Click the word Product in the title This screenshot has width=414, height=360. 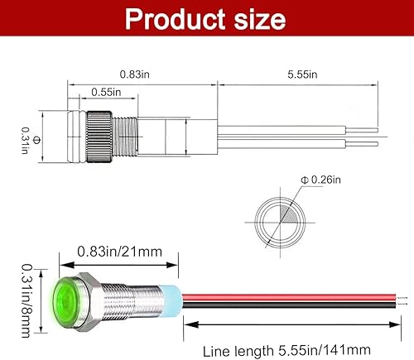point(176,19)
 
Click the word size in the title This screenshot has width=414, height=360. point(260,19)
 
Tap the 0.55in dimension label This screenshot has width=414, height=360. point(106,92)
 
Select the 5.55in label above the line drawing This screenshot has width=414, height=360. point(302,74)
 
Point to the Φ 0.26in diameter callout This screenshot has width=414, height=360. point(320,180)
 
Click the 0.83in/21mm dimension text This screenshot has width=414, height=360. point(119,252)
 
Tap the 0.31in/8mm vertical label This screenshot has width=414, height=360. point(26,300)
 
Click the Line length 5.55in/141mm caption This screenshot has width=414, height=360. point(286,351)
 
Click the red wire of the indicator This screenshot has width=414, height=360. point(289,297)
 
